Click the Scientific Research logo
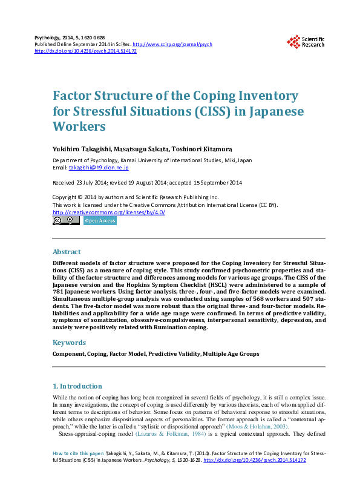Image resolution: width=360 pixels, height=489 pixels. [x=306, y=41]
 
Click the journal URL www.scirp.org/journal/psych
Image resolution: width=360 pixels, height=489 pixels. [x=172, y=45]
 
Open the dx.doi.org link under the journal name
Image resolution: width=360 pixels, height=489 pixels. [x=86, y=51]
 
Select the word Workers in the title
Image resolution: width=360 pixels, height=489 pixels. [x=79, y=126]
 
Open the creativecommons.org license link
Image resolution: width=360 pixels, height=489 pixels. [x=109, y=212]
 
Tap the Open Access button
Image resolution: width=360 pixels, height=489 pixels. [x=99, y=221]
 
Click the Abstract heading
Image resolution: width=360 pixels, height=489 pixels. [x=67, y=251]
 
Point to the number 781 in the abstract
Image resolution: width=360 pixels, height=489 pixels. [x=61, y=291]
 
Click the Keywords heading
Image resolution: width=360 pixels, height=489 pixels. [x=70, y=343]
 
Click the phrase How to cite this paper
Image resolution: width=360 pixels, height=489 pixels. [x=79, y=453]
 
